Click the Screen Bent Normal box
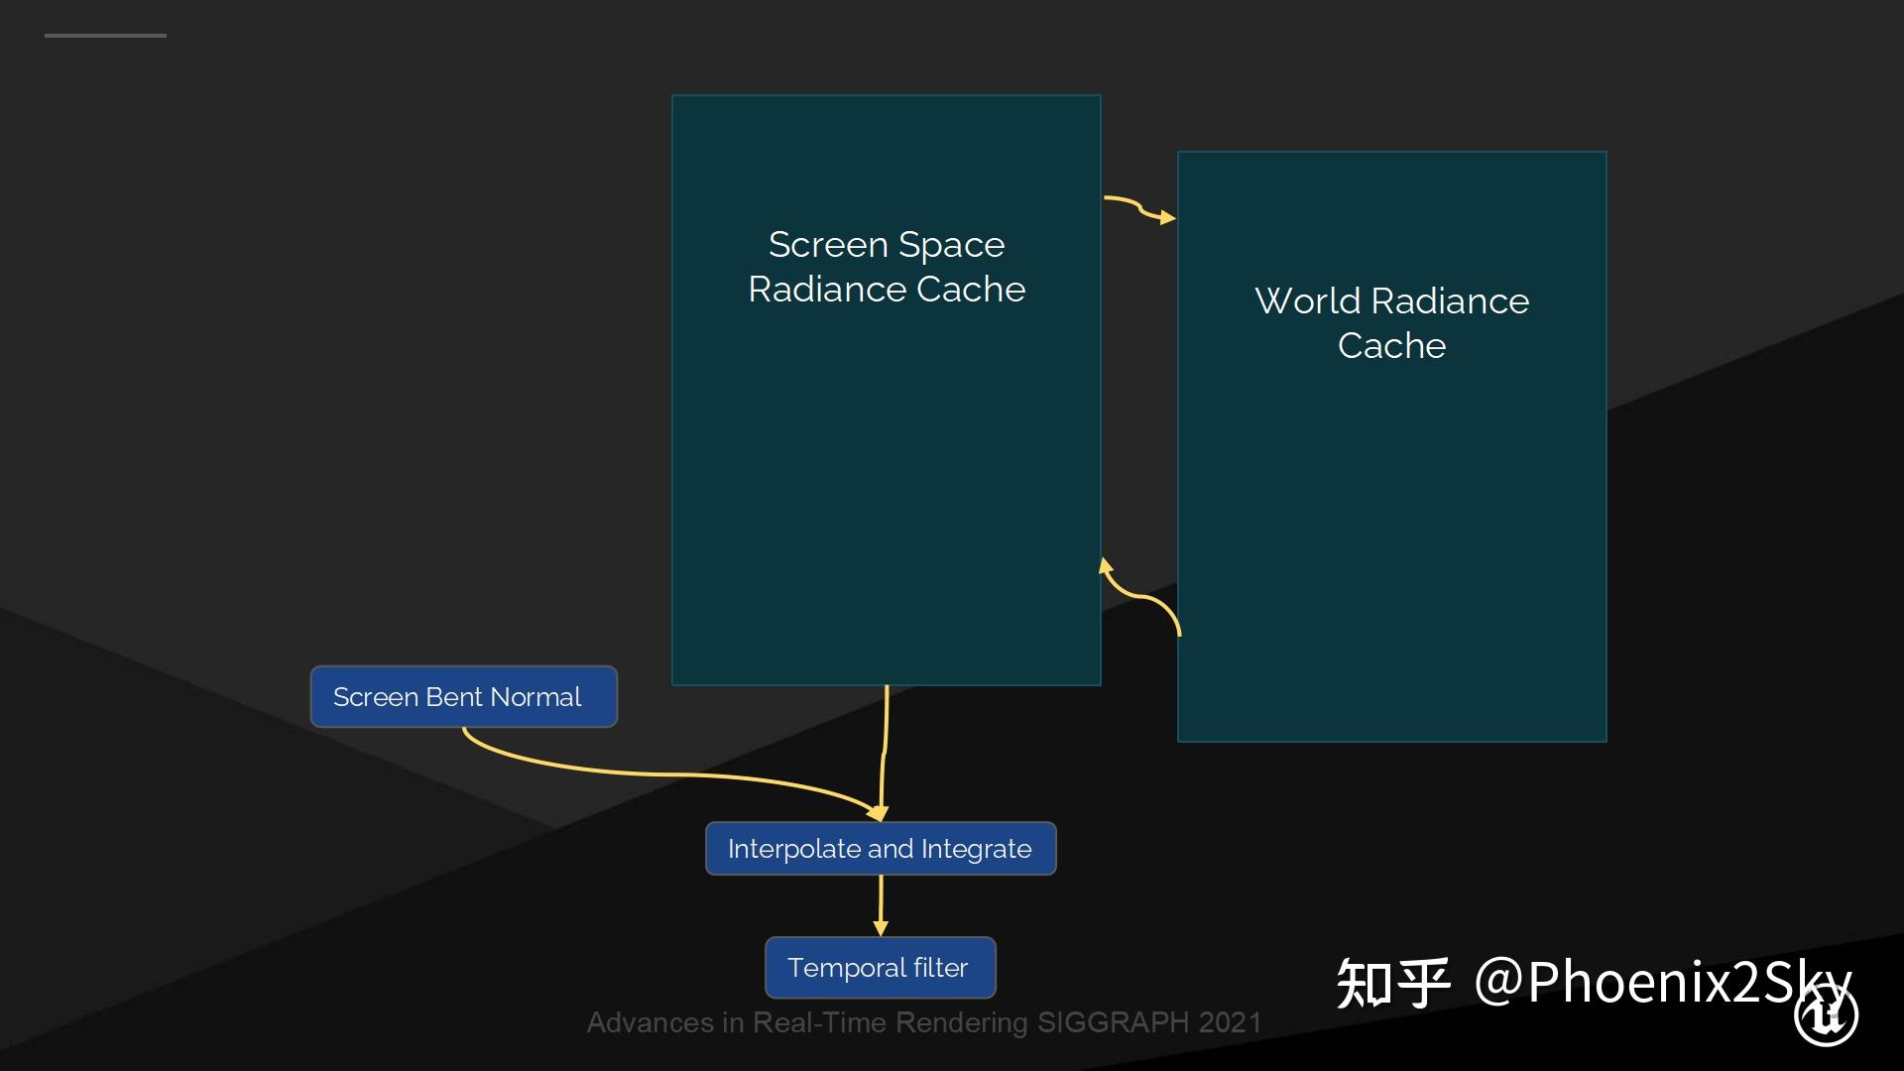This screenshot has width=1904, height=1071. click(463, 697)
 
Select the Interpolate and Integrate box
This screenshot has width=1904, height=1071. click(881, 849)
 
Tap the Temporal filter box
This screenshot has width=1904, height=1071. click(880, 968)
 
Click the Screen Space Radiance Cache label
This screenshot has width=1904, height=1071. click(887, 267)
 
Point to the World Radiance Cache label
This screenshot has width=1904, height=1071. click(1391, 323)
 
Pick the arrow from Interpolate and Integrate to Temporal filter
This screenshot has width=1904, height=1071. click(881, 905)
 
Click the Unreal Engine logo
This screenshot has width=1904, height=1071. click(1826, 1014)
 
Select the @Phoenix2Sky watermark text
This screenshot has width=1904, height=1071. click(1662, 983)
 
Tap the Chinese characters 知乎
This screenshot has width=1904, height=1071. click(1393, 983)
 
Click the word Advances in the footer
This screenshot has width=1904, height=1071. click(651, 1022)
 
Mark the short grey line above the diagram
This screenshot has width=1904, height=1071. click(105, 36)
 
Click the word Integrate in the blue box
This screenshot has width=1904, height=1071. click(976, 849)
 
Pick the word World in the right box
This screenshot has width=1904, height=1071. click(1307, 300)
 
